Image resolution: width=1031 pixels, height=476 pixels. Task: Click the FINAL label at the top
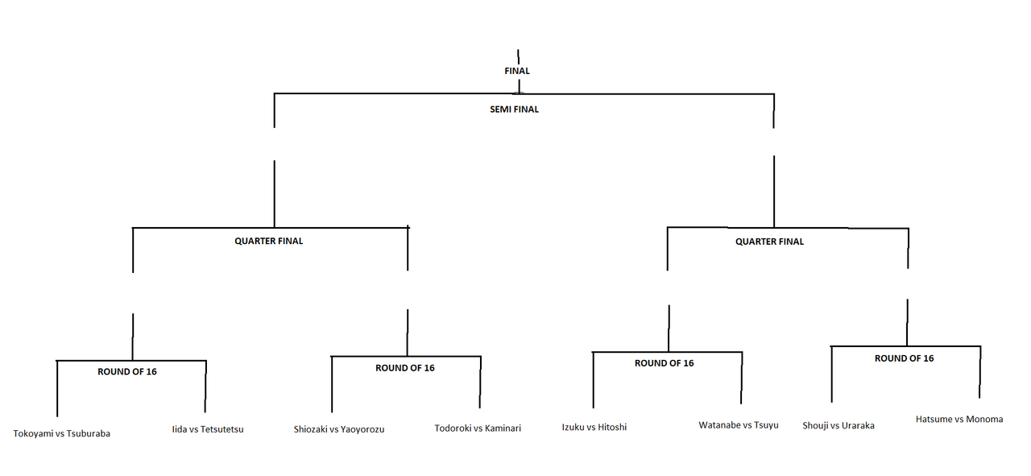point(516,71)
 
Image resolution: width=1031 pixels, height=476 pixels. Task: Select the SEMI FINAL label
point(514,110)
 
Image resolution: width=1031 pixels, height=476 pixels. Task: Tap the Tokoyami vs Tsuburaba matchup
point(62,433)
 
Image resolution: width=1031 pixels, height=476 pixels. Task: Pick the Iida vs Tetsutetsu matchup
point(208,429)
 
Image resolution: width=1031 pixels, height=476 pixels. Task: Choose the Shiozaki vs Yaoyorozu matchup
point(339,429)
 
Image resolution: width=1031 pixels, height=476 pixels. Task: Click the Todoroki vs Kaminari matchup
point(478,428)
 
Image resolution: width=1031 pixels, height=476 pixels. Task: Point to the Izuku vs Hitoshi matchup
point(594,427)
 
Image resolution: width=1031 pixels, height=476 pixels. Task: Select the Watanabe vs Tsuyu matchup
point(739,424)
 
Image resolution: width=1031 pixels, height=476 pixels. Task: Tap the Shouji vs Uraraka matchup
point(838,425)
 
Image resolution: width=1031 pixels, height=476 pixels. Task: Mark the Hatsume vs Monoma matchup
point(959,419)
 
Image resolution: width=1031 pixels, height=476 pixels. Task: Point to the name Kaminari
point(503,428)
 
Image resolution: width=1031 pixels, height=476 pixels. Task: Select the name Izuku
point(574,427)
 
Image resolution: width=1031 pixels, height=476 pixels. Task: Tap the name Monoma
point(985,419)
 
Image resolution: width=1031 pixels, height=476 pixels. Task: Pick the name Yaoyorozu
point(362,429)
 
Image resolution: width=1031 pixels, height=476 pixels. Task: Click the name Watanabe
point(719,424)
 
